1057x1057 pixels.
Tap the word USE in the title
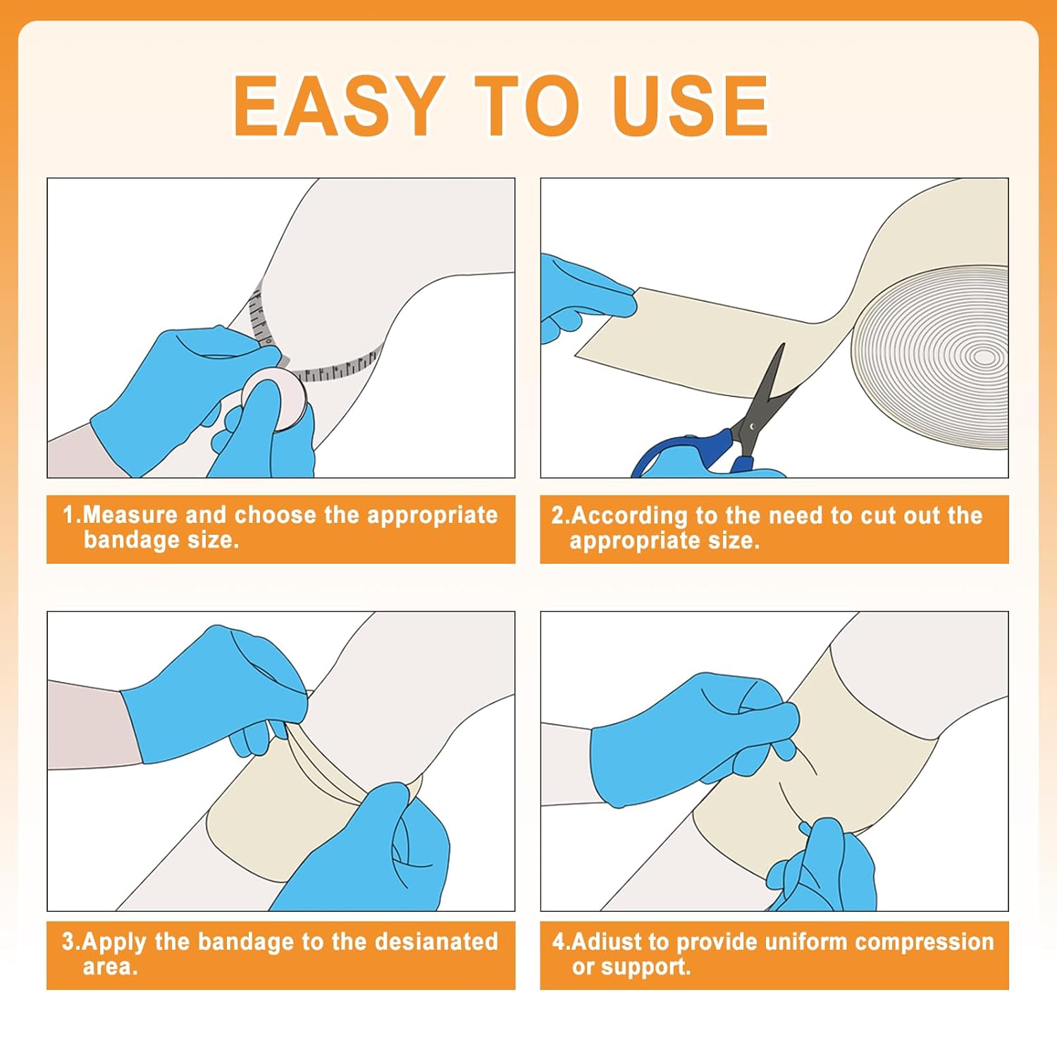[x=690, y=106]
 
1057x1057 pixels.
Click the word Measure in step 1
[x=130, y=515]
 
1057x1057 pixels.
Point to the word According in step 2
[x=629, y=517]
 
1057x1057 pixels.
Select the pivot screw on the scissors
[x=753, y=426]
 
